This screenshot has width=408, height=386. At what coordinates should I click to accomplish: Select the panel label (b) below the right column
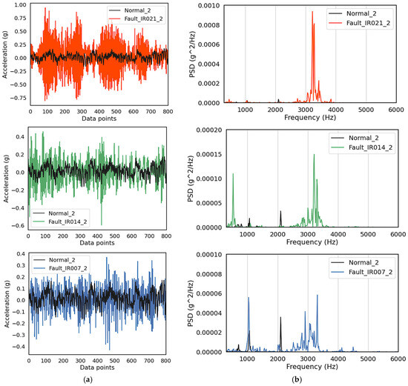[309, 379]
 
